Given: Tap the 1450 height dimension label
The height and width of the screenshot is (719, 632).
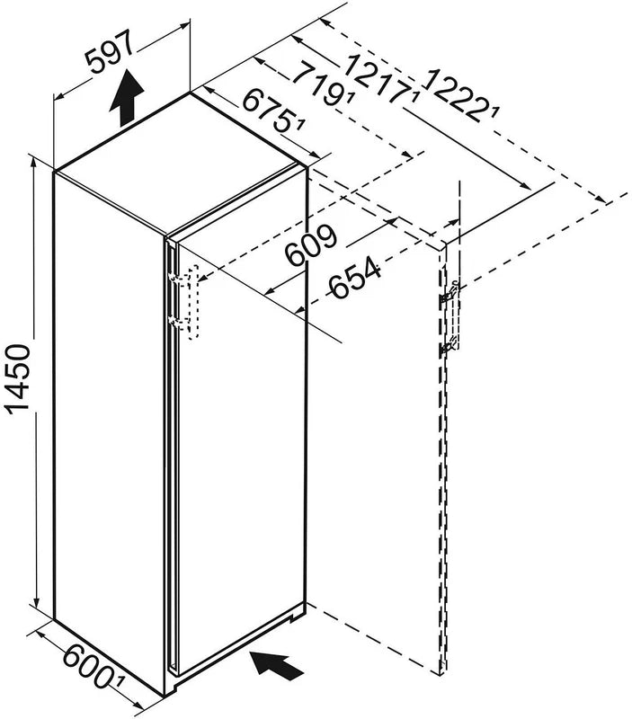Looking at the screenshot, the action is pyautogui.click(x=18, y=379).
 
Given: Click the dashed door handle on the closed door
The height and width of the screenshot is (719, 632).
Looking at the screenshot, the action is pyautogui.click(x=191, y=302).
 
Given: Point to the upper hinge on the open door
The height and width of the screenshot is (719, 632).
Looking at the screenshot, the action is pyautogui.click(x=450, y=294).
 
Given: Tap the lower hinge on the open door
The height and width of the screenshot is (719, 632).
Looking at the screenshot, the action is pyautogui.click(x=449, y=347).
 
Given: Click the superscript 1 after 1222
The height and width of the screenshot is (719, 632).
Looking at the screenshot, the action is pyautogui.click(x=494, y=111).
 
